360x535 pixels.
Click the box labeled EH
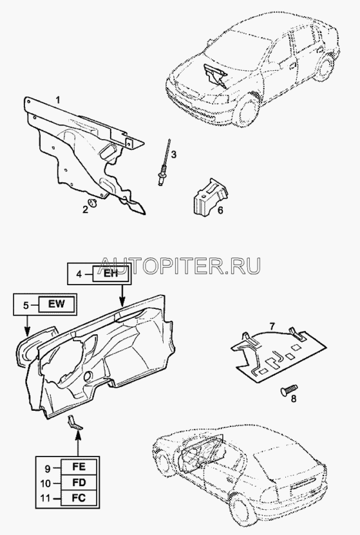point(111,274)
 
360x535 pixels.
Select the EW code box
point(56,304)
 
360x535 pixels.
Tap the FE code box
point(79,467)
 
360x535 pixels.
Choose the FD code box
point(79,483)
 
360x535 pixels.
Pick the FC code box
point(79,498)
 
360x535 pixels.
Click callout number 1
point(58,100)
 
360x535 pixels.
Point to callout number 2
point(85,209)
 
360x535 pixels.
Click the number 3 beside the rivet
point(174,155)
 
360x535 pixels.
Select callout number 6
point(220,210)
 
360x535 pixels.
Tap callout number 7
point(272,326)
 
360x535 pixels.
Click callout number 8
point(294,399)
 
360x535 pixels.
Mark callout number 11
point(46,498)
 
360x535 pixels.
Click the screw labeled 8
point(289,390)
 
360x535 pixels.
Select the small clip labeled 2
point(93,203)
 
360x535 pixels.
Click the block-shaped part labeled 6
point(211,196)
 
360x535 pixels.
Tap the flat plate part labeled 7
point(278,353)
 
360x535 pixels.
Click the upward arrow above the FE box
point(79,442)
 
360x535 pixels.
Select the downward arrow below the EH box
point(122,294)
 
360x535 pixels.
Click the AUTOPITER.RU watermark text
point(181,265)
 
